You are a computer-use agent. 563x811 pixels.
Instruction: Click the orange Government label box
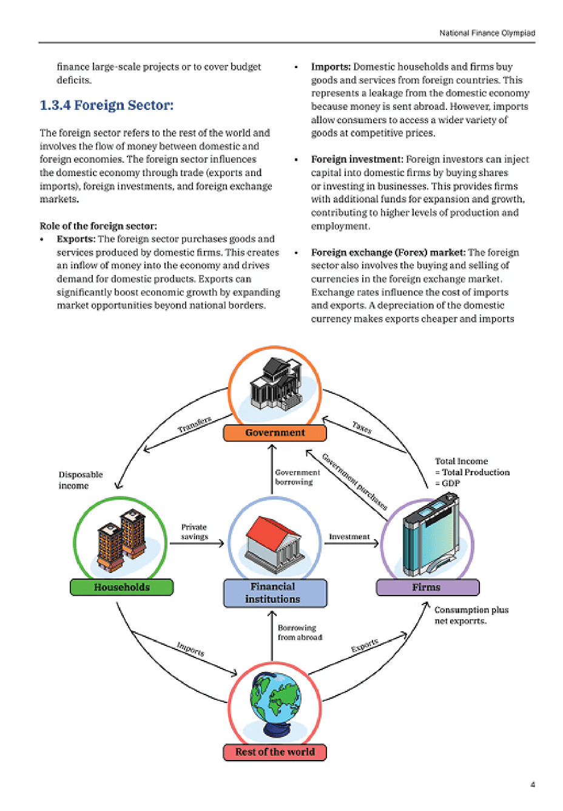click(x=275, y=433)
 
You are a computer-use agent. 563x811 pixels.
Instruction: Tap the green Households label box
click(x=121, y=587)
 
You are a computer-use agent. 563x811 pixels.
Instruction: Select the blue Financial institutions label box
click(x=274, y=593)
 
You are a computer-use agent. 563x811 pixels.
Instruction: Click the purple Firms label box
click(x=427, y=587)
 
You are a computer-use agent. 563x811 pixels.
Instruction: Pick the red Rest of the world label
click(x=275, y=752)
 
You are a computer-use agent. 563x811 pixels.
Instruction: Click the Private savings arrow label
click(x=194, y=532)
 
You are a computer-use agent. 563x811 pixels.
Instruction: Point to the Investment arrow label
click(x=349, y=537)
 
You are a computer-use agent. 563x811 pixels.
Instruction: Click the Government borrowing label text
click(x=297, y=477)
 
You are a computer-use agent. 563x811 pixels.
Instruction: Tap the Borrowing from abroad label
click(x=300, y=633)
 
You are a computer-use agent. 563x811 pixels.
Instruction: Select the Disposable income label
click(x=80, y=480)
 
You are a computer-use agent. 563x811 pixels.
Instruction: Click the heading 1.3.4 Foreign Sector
click(x=107, y=106)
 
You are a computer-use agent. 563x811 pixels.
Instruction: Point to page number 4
click(x=533, y=784)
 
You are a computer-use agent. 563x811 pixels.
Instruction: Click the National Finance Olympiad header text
click(x=487, y=33)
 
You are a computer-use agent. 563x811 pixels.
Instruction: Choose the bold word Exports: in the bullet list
click(x=76, y=239)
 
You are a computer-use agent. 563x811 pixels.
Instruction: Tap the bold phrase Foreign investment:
click(x=357, y=160)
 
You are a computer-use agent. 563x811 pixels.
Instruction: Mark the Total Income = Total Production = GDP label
click(x=472, y=472)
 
